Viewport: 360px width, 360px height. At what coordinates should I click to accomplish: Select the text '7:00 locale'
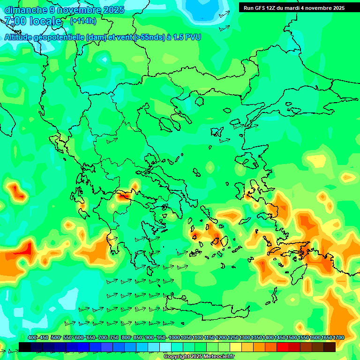[x=33, y=22]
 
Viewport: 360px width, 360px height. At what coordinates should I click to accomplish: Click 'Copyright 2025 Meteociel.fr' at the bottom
[x=199, y=357]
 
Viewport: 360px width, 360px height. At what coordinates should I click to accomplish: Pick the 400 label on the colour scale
[x=32, y=338]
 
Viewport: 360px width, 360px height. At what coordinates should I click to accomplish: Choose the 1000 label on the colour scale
[x=174, y=338]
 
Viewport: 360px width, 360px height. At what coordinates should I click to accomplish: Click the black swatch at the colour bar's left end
[x=25, y=347]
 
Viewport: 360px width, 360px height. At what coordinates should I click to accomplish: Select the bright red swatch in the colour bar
[x=283, y=347]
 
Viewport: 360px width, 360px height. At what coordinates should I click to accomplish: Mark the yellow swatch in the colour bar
[x=236, y=347]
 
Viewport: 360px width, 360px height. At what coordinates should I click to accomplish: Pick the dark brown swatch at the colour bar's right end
[x=330, y=347]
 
